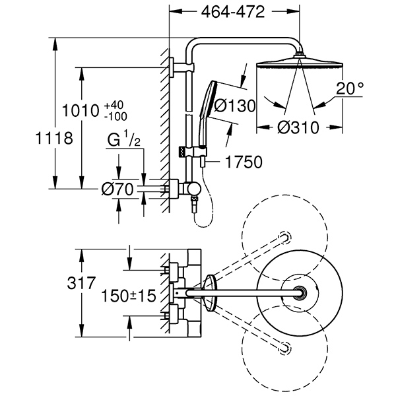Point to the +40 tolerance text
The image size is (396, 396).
click(x=114, y=104)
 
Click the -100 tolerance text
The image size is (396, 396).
click(x=115, y=116)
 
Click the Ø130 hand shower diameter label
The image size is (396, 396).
click(x=236, y=106)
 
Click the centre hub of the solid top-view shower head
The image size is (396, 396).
click(x=302, y=294)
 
